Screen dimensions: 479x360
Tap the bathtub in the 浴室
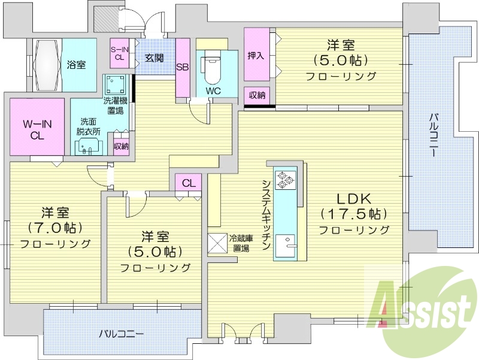(47, 65)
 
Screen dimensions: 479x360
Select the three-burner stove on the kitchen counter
(286, 180)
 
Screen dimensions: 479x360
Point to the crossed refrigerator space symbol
(217, 244)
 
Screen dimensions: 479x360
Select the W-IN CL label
(37, 130)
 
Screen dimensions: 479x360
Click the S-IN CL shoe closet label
(119, 53)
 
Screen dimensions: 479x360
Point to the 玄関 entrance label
(154, 58)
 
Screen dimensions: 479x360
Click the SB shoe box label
(183, 67)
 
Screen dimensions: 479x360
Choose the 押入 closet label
(256, 56)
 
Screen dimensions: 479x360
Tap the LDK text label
(354, 199)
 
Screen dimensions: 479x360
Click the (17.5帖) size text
(354, 214)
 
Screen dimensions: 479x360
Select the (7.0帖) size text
(55, 228)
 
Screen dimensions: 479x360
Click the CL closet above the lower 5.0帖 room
(189, 183)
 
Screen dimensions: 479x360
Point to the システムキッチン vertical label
(265, 215)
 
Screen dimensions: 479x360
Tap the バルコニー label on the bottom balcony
(122, 334)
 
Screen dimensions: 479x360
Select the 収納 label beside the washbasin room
(121, 146)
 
